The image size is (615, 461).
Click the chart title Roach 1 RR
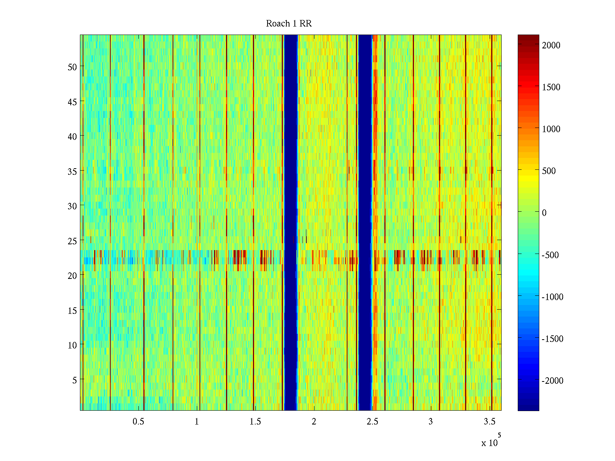(289, 24)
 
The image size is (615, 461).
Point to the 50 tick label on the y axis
(72, 67)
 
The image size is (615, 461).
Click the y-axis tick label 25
(72, 241)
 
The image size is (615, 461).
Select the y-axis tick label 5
(75, 380)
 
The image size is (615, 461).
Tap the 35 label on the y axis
(72, 171)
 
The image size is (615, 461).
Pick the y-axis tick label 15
(72, 310)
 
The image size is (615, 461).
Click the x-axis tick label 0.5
(138, 422)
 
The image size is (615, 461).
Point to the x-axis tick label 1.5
(255, 422)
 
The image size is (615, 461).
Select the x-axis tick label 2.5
(372, 422)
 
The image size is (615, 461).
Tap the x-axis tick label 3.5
(489, 422)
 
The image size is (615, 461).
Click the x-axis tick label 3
(430, 422)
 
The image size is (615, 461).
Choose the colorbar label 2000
(551, 45)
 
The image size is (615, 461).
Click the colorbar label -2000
(552, 381)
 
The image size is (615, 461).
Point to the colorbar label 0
(544, 213)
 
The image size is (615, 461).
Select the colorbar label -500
(552, 255)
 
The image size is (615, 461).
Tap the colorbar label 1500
(551, 87)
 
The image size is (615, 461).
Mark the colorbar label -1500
(552, 339)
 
